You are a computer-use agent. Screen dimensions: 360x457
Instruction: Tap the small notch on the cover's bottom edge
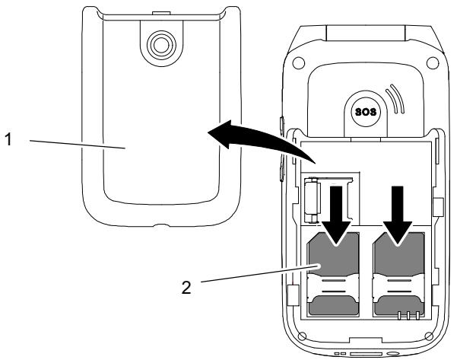pyautogui.click(x=159, y=227)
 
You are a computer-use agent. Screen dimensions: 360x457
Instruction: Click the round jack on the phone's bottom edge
pyautogui.click(x=395, y=354)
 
